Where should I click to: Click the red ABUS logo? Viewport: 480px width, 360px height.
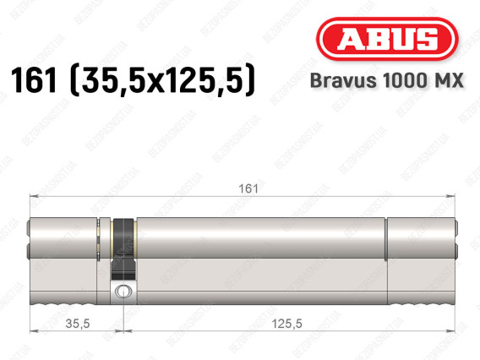click(387, 39)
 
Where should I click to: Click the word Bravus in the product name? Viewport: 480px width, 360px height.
click(343, 80)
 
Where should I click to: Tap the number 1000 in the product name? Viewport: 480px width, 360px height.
click(404, 80)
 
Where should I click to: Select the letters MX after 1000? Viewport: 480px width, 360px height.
click(448, 80)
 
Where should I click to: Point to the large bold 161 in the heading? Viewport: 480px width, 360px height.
click(34, 80)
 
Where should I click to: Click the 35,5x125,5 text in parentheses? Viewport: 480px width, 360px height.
click(162, 81)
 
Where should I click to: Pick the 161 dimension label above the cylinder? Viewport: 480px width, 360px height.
click(248, 188)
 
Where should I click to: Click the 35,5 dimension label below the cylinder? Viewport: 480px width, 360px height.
click(78, 324)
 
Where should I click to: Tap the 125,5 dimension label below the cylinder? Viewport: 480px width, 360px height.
click(286, 324)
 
